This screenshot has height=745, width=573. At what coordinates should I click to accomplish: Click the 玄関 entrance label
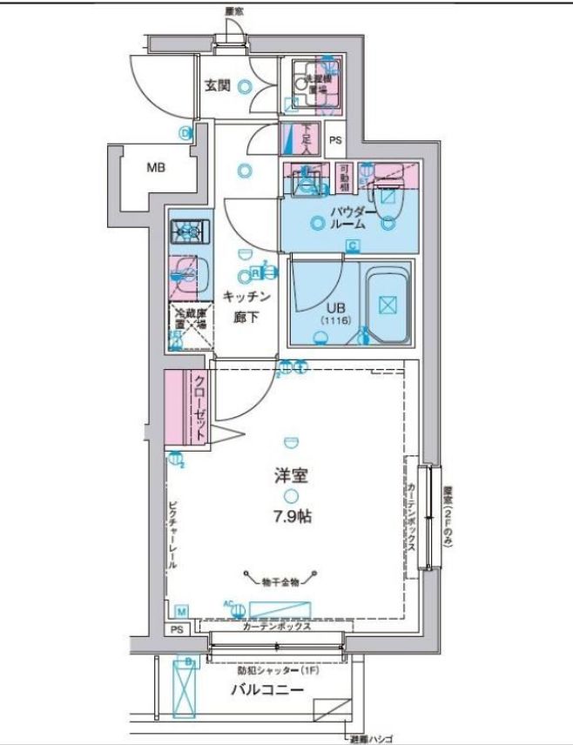[217, 85]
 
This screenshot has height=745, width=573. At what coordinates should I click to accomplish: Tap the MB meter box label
[156, 168]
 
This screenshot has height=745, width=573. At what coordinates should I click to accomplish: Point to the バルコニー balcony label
[267, 691]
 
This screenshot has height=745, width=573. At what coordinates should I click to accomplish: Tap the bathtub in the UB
[388, 304]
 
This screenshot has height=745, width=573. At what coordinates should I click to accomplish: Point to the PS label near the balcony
[177, 629]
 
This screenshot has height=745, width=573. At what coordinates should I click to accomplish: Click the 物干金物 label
[283, 578]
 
